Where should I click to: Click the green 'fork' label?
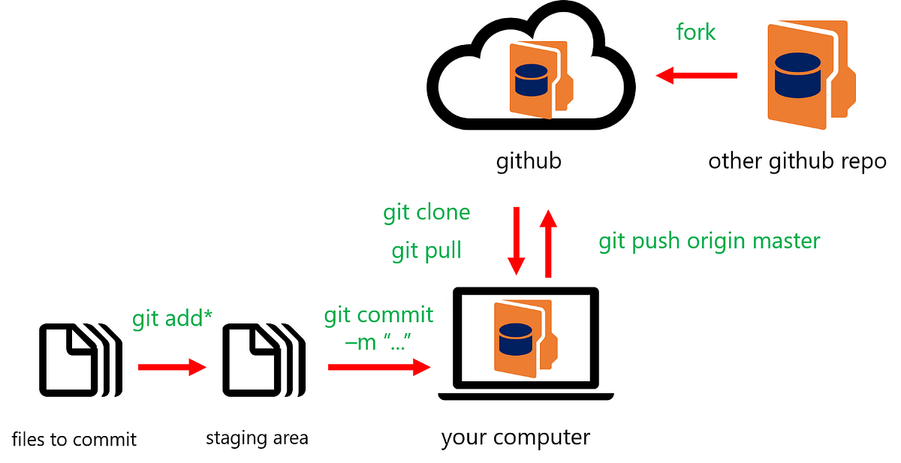pos(695,33)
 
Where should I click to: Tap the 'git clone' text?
pos(426,213)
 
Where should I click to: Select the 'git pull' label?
pos(426,251)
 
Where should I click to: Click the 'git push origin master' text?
pos(709,242)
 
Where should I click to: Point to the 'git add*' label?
pos(173,318)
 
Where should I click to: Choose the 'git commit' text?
pos(378,315)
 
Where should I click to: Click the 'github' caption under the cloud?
pos(529,161)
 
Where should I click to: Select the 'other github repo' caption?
pos(797,161)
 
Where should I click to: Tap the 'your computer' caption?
pos(516,437)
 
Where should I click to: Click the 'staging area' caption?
pos(257,437)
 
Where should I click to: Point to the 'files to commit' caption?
pos(74,439)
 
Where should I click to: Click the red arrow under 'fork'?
pos(696,75)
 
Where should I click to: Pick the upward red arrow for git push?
pos(549,244)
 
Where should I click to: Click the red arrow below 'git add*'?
pos(172,367)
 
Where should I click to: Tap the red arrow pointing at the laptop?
pos(379,367)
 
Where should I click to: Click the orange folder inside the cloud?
pos(538,79)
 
